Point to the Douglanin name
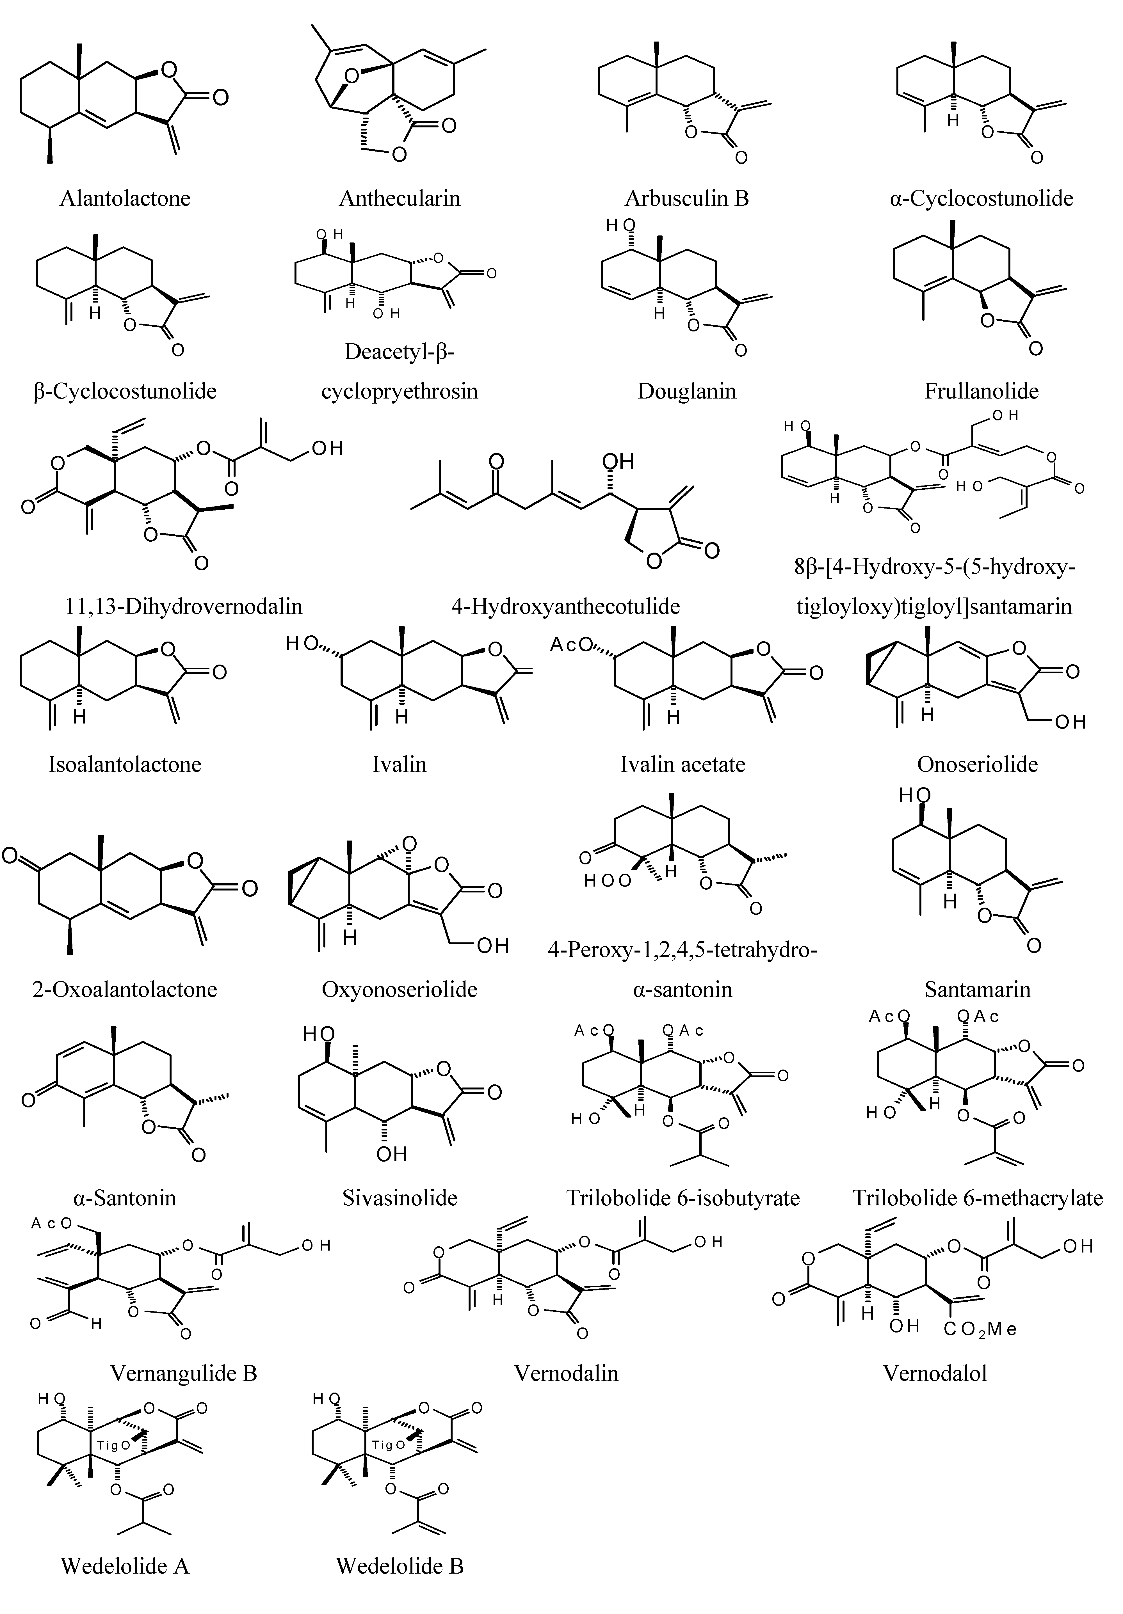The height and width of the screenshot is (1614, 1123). click(x=686, y=391)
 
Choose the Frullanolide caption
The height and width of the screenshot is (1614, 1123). click(x=981, y=391)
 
